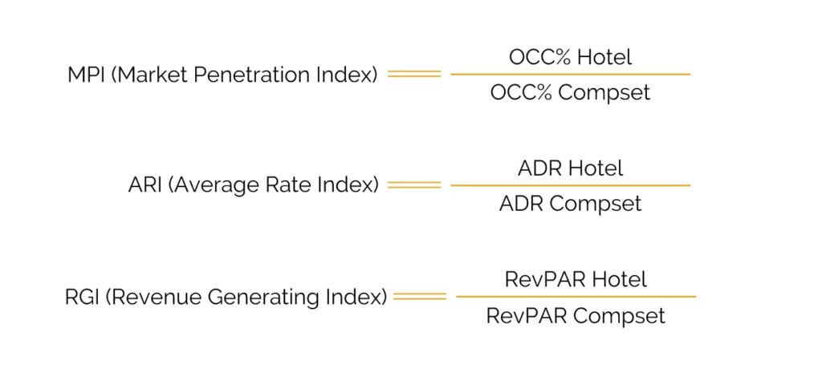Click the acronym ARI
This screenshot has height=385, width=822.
[x=145, y=185]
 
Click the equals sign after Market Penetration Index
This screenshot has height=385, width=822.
[x=414, y=75]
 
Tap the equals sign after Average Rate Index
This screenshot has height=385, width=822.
[x=414, y=185]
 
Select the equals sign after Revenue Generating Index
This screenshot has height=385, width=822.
[x=419, y=297]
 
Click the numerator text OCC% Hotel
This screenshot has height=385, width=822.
[x=571, y=57]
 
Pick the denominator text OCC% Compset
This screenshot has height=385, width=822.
[x=571, y=93]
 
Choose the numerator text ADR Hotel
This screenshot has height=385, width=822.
[x=571, y=168]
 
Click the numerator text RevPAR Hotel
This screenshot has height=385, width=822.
[x=576, y=279]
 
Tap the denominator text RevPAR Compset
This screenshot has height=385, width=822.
[x=576, y=316]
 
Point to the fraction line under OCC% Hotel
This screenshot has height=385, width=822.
[x=571, y=75]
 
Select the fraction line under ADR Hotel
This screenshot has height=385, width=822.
[x=571, y=185]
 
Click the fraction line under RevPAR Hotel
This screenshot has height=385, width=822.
[x=576, y=297]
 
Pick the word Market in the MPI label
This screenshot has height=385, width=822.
[x=152, y=75]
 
